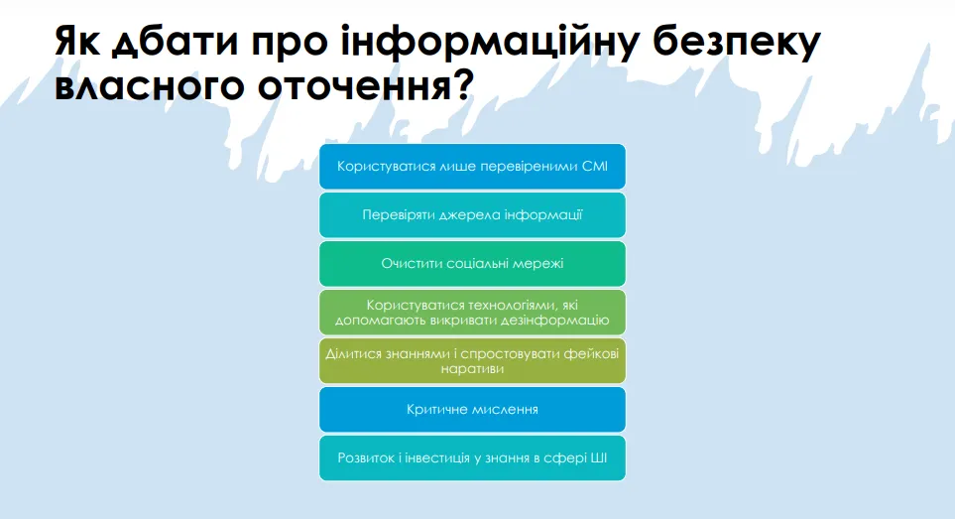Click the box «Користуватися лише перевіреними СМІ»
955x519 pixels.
472,167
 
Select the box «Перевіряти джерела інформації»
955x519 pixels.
472,215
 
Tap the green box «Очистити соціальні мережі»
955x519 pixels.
472,264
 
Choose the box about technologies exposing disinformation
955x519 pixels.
472,313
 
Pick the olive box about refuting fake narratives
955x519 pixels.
472,360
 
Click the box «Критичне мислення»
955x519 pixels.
472,409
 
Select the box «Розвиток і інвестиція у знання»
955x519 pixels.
472,457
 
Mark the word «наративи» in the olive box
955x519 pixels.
472,369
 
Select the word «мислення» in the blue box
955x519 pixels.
509,409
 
